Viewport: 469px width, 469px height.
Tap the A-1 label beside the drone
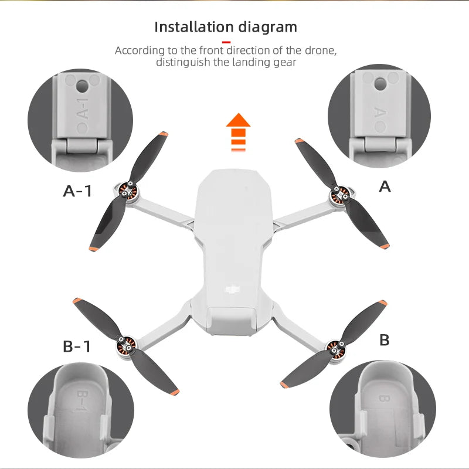click(77, 191)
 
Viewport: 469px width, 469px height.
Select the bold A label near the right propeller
click(385, 186)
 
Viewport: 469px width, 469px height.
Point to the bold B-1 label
click(77, 346)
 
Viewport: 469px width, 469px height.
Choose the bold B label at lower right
click(385, 340)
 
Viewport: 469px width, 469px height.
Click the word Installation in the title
click(193, 27)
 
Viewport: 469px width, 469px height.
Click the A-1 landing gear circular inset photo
click(80, 120)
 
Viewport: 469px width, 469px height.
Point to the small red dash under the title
click(226, 42)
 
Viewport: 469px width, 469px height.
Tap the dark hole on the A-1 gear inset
click(82, 86)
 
